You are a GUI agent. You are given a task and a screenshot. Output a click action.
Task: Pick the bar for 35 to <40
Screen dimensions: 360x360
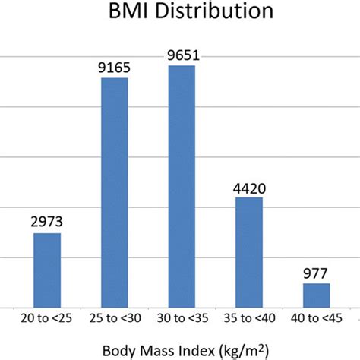coord(248,251)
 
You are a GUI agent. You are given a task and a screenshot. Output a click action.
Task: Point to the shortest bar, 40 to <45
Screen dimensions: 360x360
coord(316,294)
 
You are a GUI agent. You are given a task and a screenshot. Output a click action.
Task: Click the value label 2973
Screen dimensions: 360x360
coord(47,222)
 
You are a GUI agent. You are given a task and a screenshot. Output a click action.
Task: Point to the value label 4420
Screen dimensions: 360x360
coord(248,187)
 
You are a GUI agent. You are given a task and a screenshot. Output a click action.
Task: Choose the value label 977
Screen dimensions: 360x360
coord(316,273)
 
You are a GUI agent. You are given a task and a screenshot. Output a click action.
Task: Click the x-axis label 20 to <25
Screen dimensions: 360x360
coord(47,314)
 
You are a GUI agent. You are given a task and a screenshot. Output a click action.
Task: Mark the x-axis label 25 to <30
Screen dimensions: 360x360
coord(114,314)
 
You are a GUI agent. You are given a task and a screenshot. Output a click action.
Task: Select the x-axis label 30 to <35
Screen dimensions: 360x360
coord(181,314)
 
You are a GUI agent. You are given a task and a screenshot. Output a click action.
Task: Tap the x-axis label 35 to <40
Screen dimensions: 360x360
coord(248,314)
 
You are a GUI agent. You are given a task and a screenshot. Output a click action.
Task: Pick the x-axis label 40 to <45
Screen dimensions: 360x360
coord(316,314)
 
